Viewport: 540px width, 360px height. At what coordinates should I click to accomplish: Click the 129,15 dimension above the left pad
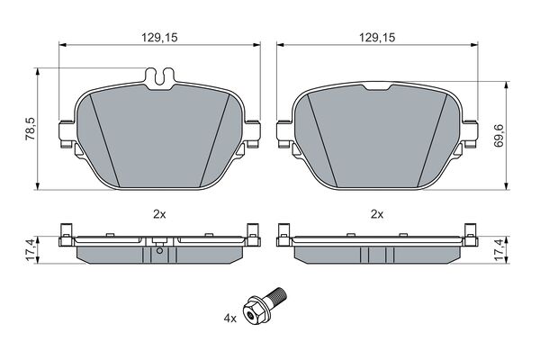(159, 37)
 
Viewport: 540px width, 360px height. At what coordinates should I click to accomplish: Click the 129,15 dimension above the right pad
(377, 37)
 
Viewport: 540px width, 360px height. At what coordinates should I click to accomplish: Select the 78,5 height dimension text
(30, 129)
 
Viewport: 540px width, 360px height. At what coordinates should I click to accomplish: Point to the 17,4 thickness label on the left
(30, 250)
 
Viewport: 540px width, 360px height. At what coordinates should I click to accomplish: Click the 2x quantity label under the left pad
(159, 214)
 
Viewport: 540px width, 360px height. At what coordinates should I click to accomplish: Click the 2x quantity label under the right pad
(377, 214)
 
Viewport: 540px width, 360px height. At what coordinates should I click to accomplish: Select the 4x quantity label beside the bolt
(230, 319)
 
